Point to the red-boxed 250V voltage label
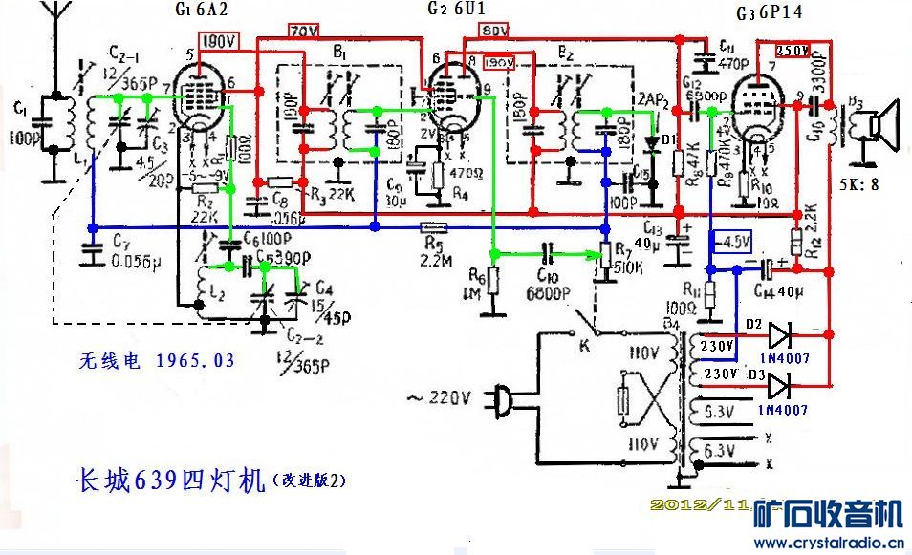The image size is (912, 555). tap(793, 50)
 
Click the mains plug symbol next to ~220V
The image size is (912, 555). tap(501, 394)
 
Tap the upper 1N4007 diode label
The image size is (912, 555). tap(783, 357)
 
